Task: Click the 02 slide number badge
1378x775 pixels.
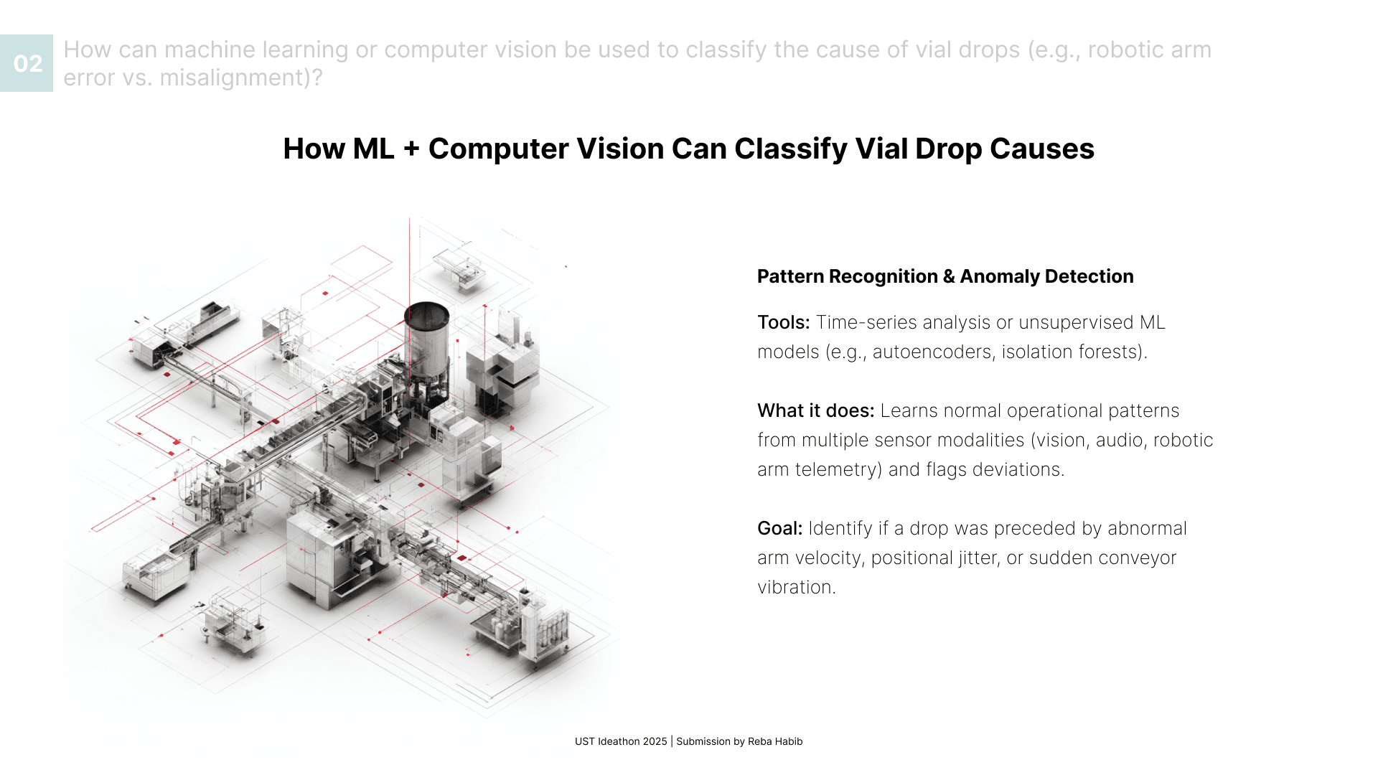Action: click(27, 63)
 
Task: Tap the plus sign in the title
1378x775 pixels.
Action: click(411, 149)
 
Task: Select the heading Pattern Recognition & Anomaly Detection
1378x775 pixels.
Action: click(945, 276)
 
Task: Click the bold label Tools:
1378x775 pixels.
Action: click(783, 322)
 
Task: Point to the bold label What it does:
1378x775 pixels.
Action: click(815, 410)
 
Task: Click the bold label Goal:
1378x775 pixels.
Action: click(779, 528)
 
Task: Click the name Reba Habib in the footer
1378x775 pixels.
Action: click(775, 741)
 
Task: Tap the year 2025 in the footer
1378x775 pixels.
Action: click(655, 741)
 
